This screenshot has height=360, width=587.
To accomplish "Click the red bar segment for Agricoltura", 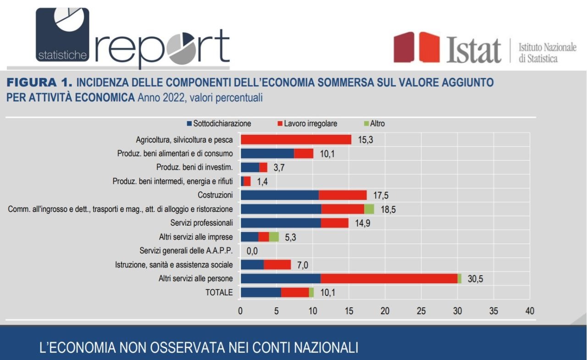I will (x=296, y=139).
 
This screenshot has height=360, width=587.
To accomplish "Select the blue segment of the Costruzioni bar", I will (x=279, y=195).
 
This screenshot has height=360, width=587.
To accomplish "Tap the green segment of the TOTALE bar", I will (x=311, y=293).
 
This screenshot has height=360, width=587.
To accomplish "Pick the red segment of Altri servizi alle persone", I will (x=389, y=278).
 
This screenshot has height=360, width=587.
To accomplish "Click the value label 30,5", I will (x=475, y=279).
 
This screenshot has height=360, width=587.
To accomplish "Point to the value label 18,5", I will (x=388, y=209).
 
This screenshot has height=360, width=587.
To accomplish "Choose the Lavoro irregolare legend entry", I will (x=307, y=124).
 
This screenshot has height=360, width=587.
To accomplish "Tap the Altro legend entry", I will (x=374, y=124).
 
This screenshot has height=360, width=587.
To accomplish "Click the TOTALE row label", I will (x=219, y=293).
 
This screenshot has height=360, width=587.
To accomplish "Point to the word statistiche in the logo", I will (x=62, y=55).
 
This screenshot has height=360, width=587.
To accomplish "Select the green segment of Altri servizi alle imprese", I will (x=274, y=237).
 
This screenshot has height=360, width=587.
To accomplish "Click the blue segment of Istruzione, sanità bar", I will (x=252, y=265).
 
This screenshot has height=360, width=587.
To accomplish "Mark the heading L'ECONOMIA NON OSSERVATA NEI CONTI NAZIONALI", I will (x=199, y=347).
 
